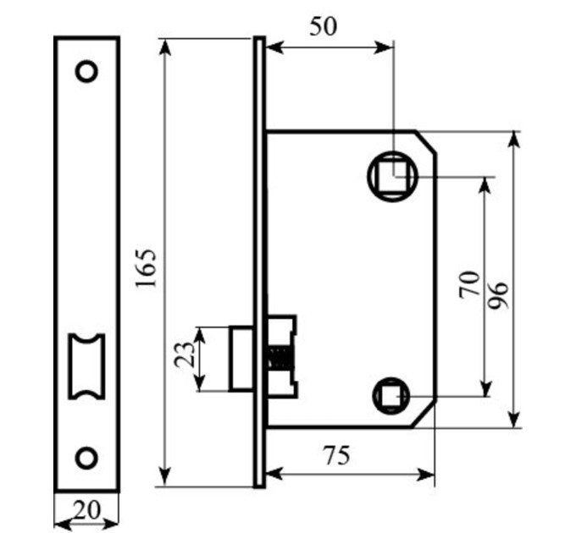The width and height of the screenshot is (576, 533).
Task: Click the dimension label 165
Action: click(x=146, y=268)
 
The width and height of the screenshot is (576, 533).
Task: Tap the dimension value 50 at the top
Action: click(x=323, y=27)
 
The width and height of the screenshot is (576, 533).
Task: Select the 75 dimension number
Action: click(x=336, y=455)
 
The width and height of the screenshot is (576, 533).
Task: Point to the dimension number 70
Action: click(x=470, y=284)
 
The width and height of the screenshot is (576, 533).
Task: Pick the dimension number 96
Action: click(x=499, y=295)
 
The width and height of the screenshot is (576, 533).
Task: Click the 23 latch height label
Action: click(x=185, y=354)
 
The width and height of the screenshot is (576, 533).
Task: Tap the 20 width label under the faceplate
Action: click(x=86, y=510)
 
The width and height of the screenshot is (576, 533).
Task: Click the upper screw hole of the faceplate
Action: click(x=86, y=71)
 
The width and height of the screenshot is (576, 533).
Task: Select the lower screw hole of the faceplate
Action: click(x=86, y=458)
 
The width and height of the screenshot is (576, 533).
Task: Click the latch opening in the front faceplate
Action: click(x=86, y=366)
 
